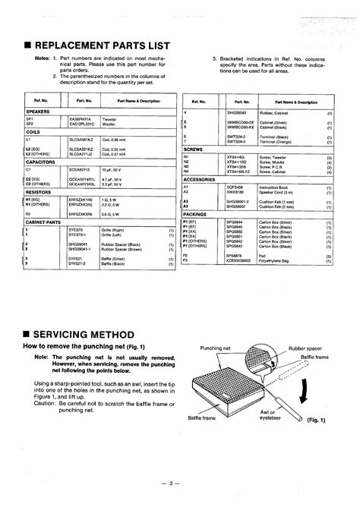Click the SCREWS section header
pos(194,149)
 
